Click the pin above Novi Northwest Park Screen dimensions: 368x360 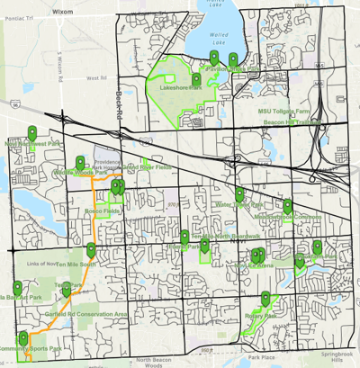click(32, 131)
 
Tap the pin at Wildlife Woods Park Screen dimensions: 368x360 click(81, 162)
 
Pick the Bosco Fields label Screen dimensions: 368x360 click(102, 211)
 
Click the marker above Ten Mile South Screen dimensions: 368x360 click(91, 250)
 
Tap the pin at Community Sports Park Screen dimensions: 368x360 click(24, 337)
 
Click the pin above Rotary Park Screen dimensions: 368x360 click(265, 298)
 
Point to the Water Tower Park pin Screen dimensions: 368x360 click(239, 193)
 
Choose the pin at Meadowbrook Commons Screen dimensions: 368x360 click(288, 206)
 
